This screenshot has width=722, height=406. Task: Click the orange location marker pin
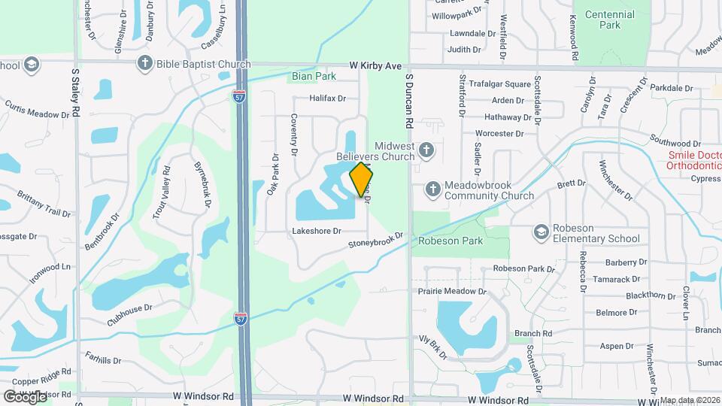pos(361,179)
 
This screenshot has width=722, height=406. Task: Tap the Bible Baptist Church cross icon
pos(145,64)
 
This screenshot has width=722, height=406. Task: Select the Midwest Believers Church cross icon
pos(426,150)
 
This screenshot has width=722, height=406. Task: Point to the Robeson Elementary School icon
pos(541,232)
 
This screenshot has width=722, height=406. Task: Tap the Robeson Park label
pos(450,241)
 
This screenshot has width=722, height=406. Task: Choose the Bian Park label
pos(314,76)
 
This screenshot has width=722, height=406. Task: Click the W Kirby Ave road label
pos(380,66)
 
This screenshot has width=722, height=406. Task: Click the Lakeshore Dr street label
pos(317,232)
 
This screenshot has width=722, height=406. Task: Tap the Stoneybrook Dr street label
pos(376,241)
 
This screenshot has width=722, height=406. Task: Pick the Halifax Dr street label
pos(327,98)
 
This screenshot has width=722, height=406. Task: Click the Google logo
pos(25,396)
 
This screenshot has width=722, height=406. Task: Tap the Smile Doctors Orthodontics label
pos(694,161)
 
